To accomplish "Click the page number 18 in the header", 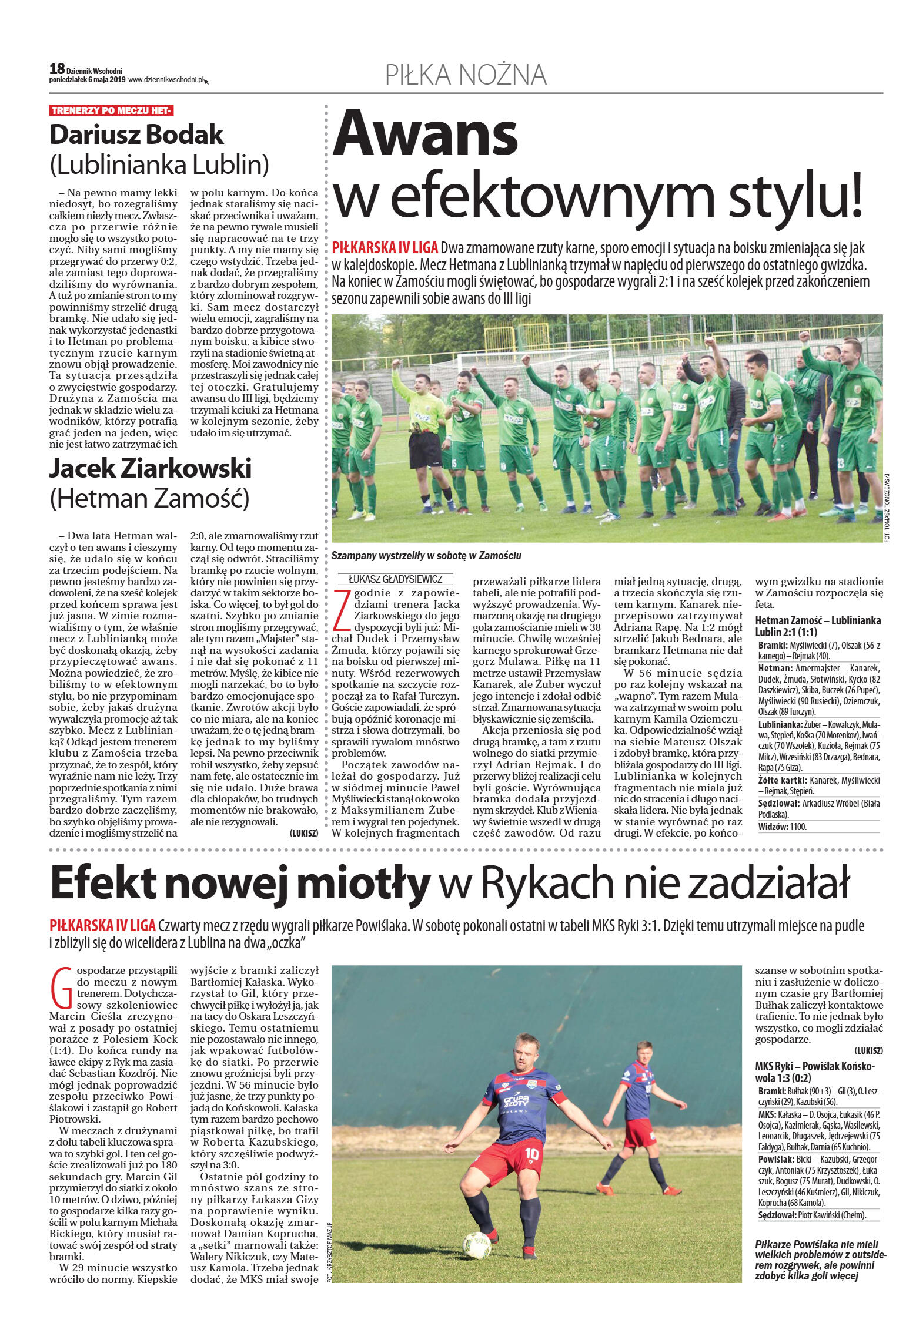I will (57, 69).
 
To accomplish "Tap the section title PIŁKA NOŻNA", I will (466, 75).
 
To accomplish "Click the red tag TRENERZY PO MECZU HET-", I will (111, 110).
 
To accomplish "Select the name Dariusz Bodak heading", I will (136, 135).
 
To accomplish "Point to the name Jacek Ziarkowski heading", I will (151, 468).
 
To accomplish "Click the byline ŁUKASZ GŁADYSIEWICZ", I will (395, 579).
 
